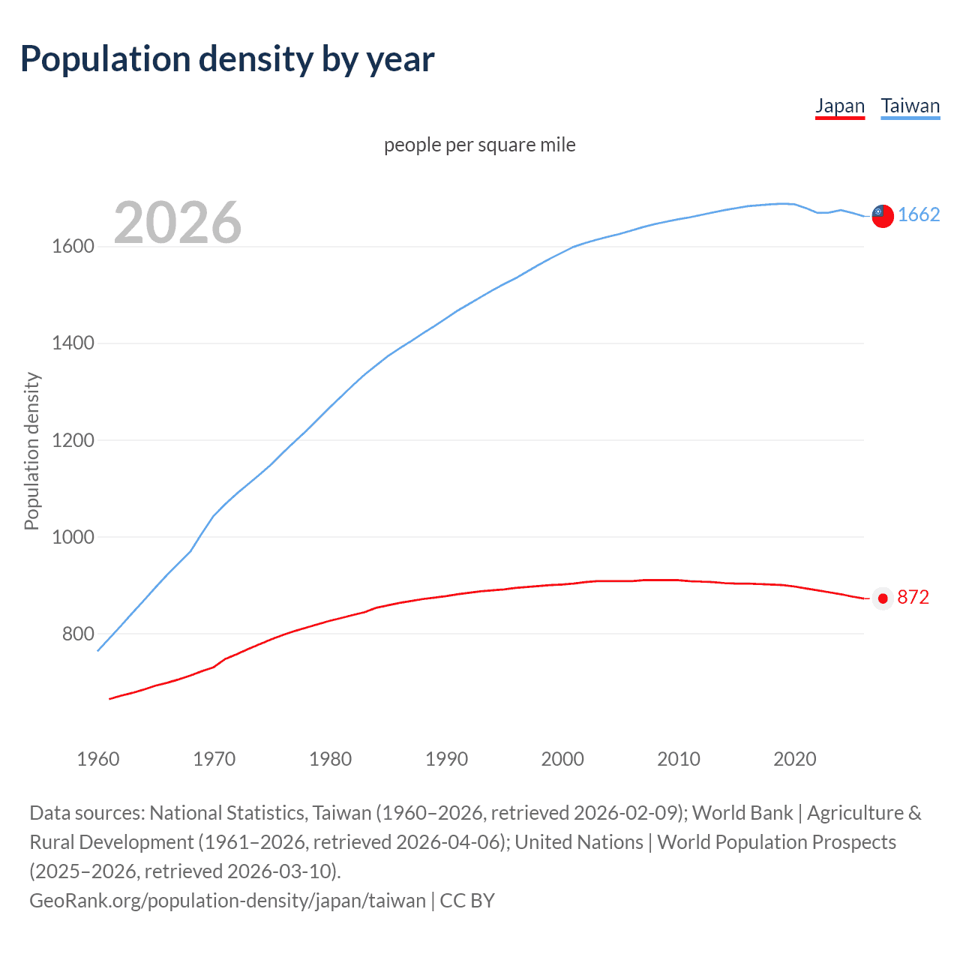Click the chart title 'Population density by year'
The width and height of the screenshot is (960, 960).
point(227,59)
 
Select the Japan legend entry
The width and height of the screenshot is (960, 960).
point(840,106)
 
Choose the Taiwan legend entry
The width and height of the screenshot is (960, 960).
point(910,106)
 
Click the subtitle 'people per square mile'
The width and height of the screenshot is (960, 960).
point(479,145)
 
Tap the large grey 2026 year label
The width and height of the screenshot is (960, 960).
point(178,222)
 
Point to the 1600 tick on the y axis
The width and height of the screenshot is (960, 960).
point(73,247)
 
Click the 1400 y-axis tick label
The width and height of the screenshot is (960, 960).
point(73,343)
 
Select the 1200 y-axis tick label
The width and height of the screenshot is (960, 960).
point(73,440)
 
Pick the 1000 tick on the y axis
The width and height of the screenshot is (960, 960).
point(73,537)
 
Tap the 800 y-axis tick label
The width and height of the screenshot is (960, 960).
point(78,634)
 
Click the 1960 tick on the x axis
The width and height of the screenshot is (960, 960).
point(98,759)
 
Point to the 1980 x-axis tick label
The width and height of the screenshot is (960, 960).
point(330,759)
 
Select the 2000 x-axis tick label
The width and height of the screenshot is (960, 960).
point(562,759)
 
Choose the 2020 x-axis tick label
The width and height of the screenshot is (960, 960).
point(794,759)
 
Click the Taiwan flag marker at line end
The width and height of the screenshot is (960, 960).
point(883,216)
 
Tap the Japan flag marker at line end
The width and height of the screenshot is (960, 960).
point(883,598)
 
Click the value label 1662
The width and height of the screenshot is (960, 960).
point(919,215)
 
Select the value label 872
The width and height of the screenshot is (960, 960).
point(913,597)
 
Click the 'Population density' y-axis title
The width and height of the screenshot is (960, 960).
point(31,451)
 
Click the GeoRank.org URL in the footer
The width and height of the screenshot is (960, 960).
point(227,900)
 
